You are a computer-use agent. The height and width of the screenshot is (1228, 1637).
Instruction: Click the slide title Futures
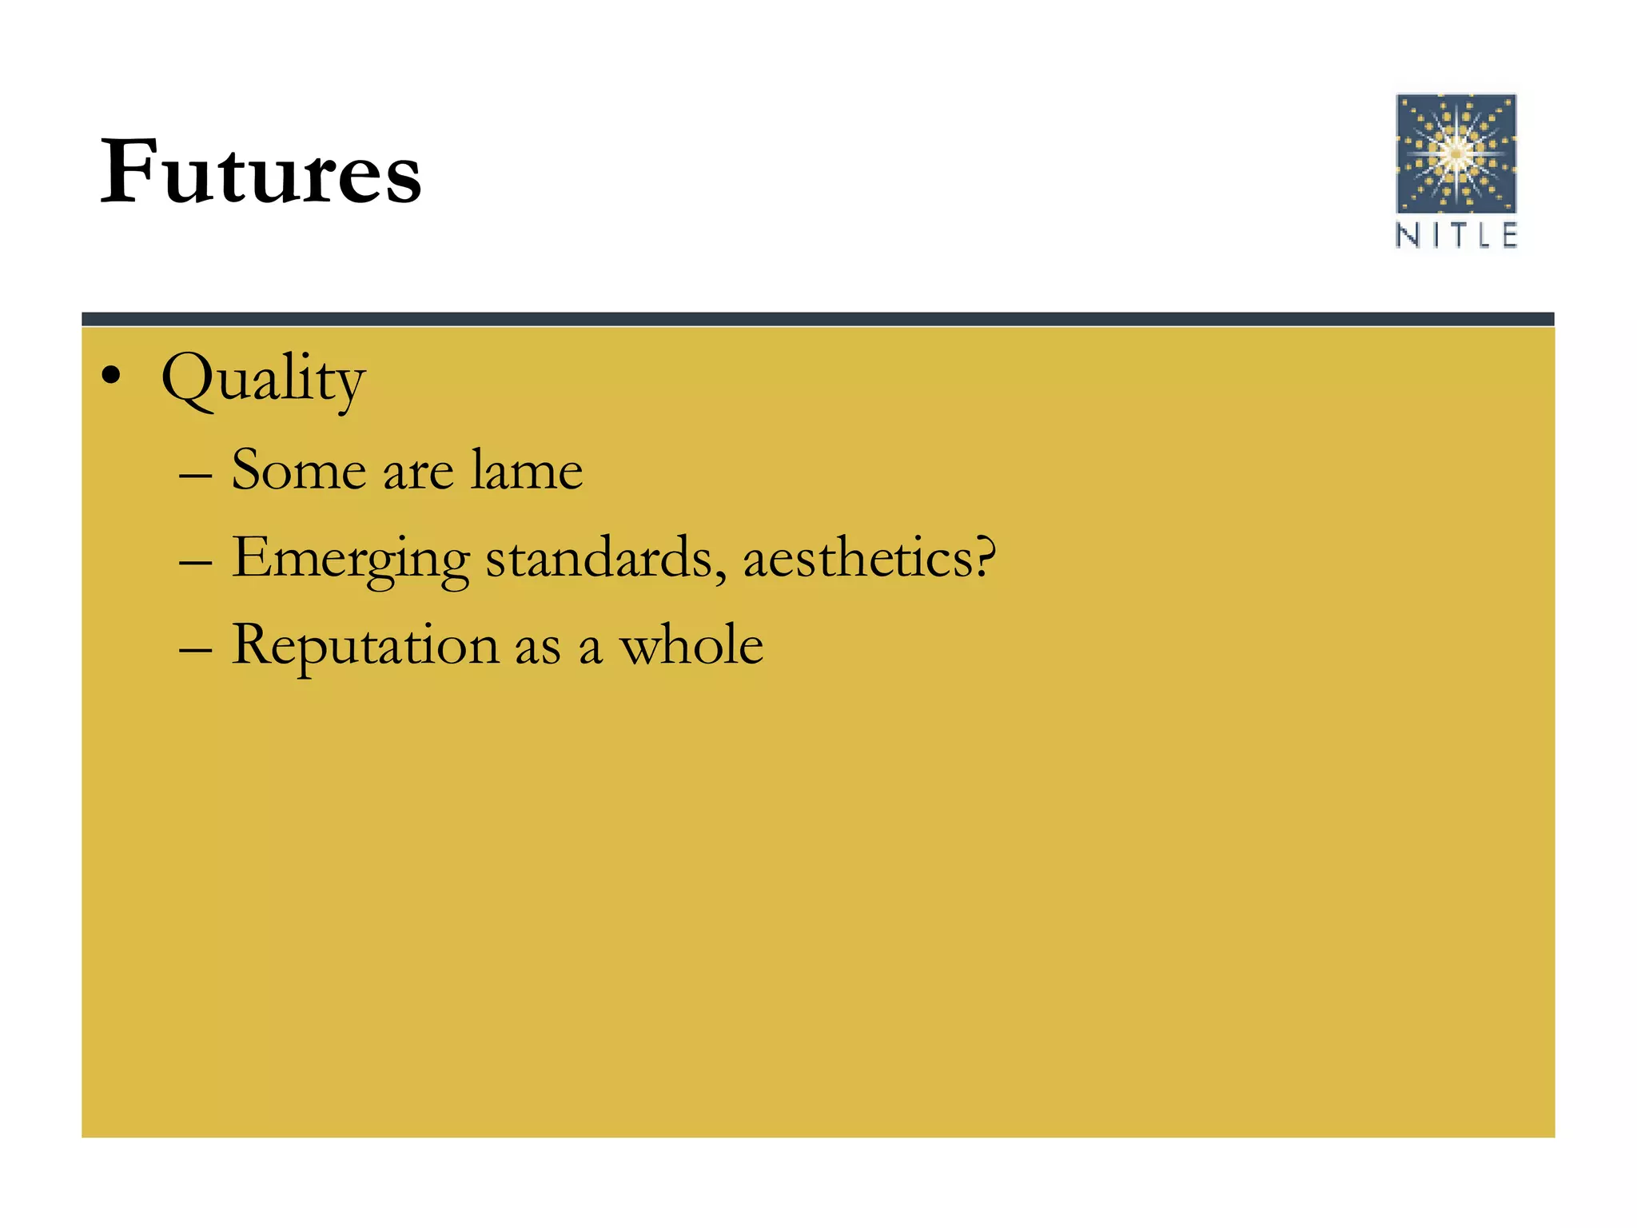tap(261, 171)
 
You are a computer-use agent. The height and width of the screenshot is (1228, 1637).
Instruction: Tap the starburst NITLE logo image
tap(1456, 153)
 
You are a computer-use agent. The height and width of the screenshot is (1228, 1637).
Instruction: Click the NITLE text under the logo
tap(1456, 236)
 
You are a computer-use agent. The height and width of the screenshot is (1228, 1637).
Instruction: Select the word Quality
tap(263, 380)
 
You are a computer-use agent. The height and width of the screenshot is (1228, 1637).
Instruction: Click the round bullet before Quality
tap(111, 375)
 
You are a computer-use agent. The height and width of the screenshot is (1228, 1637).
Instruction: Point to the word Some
tap(298, 469)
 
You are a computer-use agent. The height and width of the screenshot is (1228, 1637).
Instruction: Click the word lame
tap(526, 469)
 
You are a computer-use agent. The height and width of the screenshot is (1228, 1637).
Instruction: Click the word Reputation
tap(365, 646)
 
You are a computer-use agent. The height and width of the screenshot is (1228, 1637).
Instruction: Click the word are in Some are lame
tap(418, 473)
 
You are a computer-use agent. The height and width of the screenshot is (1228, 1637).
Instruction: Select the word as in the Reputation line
tap(537, 648)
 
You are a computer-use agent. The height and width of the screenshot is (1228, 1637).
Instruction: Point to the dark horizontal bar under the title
tap(818, 319)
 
